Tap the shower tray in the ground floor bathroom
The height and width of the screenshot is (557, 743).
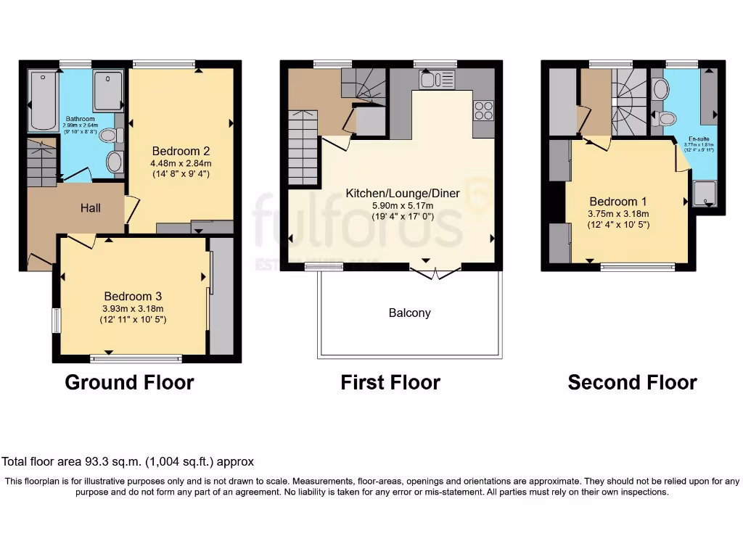point(109,90)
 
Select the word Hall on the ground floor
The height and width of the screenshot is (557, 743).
point(91,208)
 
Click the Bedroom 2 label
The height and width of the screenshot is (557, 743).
point(181,151)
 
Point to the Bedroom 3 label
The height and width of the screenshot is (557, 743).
point(133,296)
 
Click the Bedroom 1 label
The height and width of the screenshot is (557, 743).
point(618,202)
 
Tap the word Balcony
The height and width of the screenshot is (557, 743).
point(409,313)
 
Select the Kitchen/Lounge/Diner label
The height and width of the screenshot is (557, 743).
point(391,194)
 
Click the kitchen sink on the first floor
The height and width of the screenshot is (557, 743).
point(436,79)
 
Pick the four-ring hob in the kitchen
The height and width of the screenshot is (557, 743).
point(483,110)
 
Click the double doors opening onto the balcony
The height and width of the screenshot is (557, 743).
point(435,272)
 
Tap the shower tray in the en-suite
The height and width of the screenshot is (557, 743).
point(702,193)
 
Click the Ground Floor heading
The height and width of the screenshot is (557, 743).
point(129,382)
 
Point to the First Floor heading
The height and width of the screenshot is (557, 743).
point(390,382)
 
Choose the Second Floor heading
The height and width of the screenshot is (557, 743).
point(632,382)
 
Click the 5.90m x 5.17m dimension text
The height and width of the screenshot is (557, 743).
point(391,206)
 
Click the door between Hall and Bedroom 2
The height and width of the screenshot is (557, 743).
point(131,209)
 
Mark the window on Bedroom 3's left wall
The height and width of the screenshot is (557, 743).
point(56,321)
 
